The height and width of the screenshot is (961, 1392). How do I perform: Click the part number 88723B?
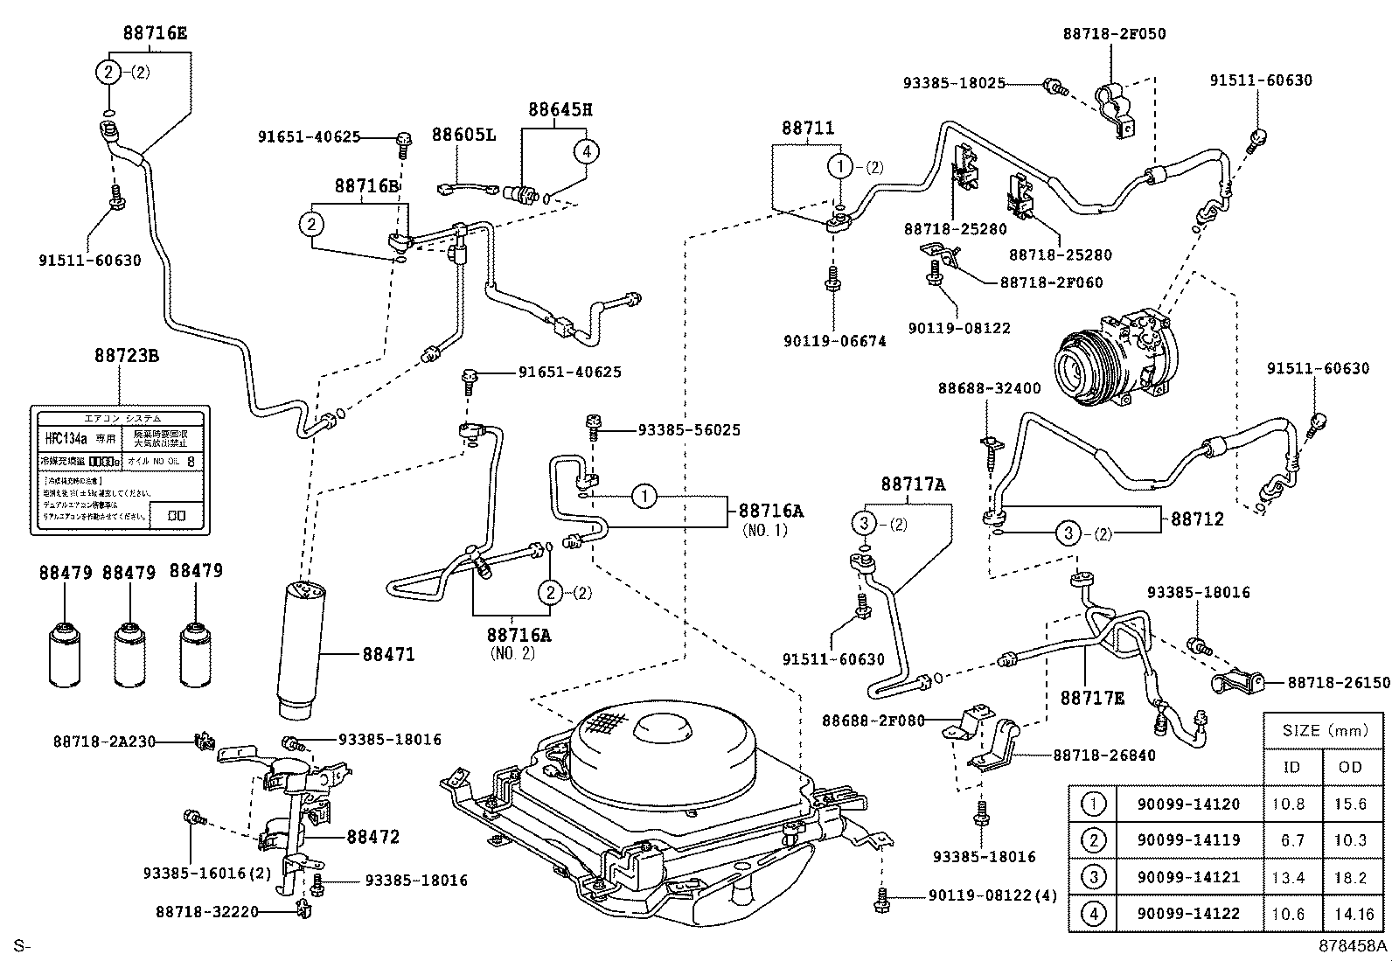click(x=127, y=356)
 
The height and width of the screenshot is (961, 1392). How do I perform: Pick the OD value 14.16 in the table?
click(x=1350, y=914)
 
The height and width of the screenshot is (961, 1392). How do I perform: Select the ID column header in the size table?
click(x=1291, y=767)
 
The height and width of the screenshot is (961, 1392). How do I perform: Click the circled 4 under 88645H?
click(x=586, y=151)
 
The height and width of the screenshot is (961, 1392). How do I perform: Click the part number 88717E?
click(x=1093, y=698)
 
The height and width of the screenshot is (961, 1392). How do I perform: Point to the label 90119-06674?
click(x=834, y=341)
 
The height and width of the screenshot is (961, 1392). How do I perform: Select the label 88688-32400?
click(x=990, y=388)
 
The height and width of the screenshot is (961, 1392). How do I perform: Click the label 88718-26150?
click(x=1338, y=682)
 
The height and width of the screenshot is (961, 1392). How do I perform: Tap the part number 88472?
click(x=372, y=837)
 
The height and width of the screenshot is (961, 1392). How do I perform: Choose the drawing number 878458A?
click(x=1353, y=946)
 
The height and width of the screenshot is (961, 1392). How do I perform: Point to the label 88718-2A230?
click(x=103, y=742)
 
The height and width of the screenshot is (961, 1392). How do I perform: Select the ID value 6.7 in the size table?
click(x=1291, y=839)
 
